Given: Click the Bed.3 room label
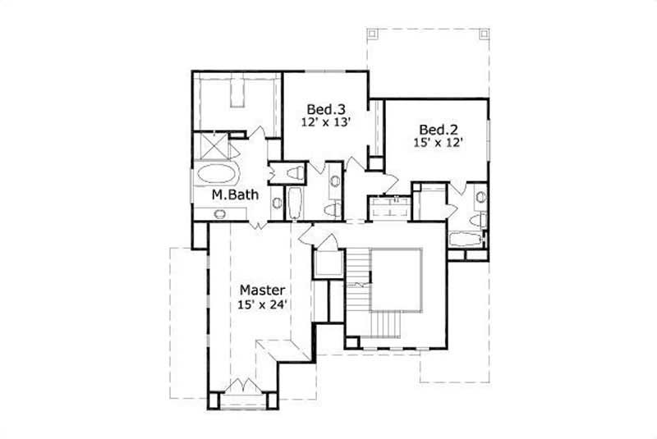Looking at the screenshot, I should [x=324, y=109].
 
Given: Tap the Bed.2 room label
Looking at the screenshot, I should [x=436, y=129].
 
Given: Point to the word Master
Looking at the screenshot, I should [x=262, y=290].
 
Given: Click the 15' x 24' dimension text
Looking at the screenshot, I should [x=262, y=305].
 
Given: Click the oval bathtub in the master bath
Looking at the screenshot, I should [x=216, y=174].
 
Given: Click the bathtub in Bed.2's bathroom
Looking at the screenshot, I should [x=466, y=240].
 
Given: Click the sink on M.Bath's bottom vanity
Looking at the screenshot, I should [x=219, y=214].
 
